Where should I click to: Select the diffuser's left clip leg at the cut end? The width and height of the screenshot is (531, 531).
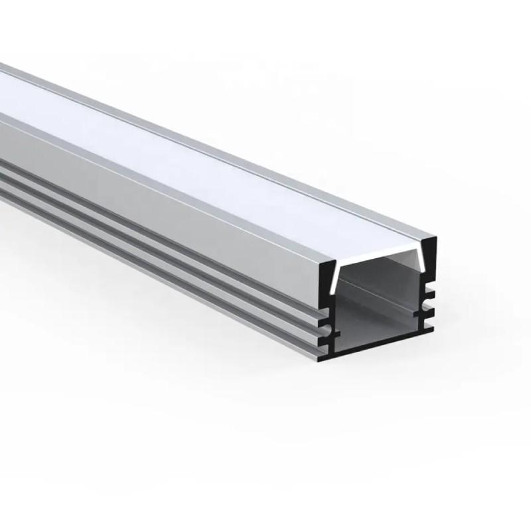(x=339, y=279)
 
